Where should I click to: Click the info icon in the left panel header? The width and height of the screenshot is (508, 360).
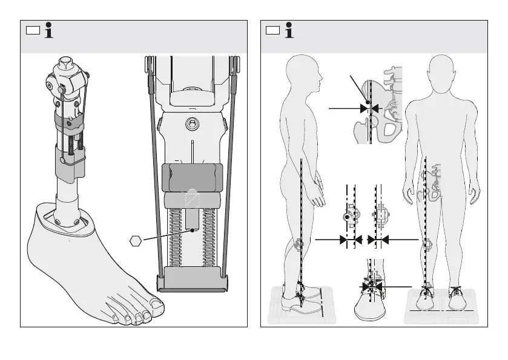point(48,31)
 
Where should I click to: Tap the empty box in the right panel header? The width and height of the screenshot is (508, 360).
point(274,30)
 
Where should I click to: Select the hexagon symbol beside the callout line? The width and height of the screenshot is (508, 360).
point(136,241)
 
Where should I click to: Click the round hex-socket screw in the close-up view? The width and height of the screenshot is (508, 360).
point(192,122)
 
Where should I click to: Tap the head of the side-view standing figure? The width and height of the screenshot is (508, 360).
point(302,72)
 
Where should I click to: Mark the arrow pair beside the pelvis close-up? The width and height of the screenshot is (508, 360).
point(369,108)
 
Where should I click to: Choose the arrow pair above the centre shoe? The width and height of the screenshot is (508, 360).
point(371,286)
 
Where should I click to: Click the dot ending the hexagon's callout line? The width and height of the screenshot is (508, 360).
point(192,230)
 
